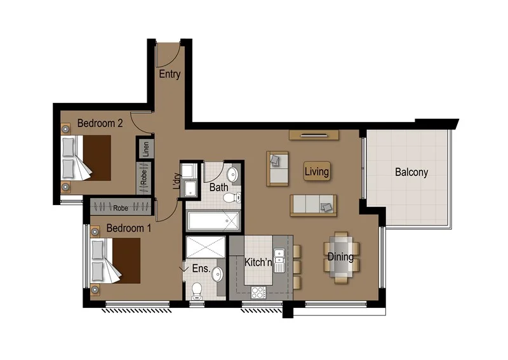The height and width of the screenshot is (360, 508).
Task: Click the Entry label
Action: click(x=170, y=74)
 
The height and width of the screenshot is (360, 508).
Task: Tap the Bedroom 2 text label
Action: click(x=100, y=123)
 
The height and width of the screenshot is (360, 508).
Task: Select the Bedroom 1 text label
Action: click(x=128, y=228)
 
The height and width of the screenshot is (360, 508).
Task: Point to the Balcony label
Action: click(x=411, y=172)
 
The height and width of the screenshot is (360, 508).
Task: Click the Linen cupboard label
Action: click(x=145, y=149)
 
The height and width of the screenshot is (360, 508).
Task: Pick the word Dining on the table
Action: click(x=340, y=257)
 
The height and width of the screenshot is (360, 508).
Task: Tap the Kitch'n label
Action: click(x=258, y=261)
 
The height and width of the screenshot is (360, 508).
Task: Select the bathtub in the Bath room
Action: click(x=214, y=221)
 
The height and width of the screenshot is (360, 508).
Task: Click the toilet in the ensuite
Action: click(x=197, y=290)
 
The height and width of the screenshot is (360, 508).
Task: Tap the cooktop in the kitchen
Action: click(x=258, y=293)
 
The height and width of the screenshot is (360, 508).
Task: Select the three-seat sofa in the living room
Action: click(x=313, y=205)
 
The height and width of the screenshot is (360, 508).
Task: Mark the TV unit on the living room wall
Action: click(x=314, y=135)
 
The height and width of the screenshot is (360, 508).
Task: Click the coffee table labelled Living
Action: click(x=316, y=171)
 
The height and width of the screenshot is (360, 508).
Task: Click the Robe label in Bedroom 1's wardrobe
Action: click(x=121, y=207)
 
